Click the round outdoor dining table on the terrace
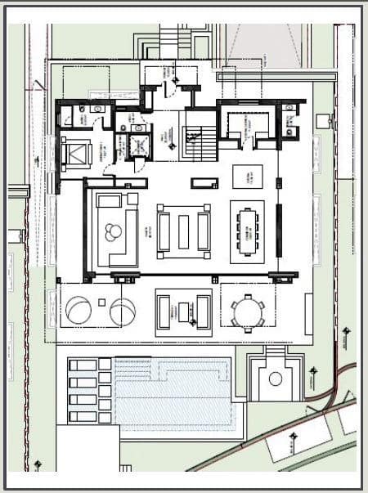tap(246, 311)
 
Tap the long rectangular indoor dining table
tap(247, 228)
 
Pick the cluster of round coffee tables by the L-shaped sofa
tap(111, 234)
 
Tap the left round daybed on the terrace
tap(80, 311)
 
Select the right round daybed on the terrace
tap(123, 311)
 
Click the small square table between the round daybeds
tap(102, 303)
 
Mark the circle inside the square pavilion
tap(275, 379)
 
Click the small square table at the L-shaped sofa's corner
tap(132, 199)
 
